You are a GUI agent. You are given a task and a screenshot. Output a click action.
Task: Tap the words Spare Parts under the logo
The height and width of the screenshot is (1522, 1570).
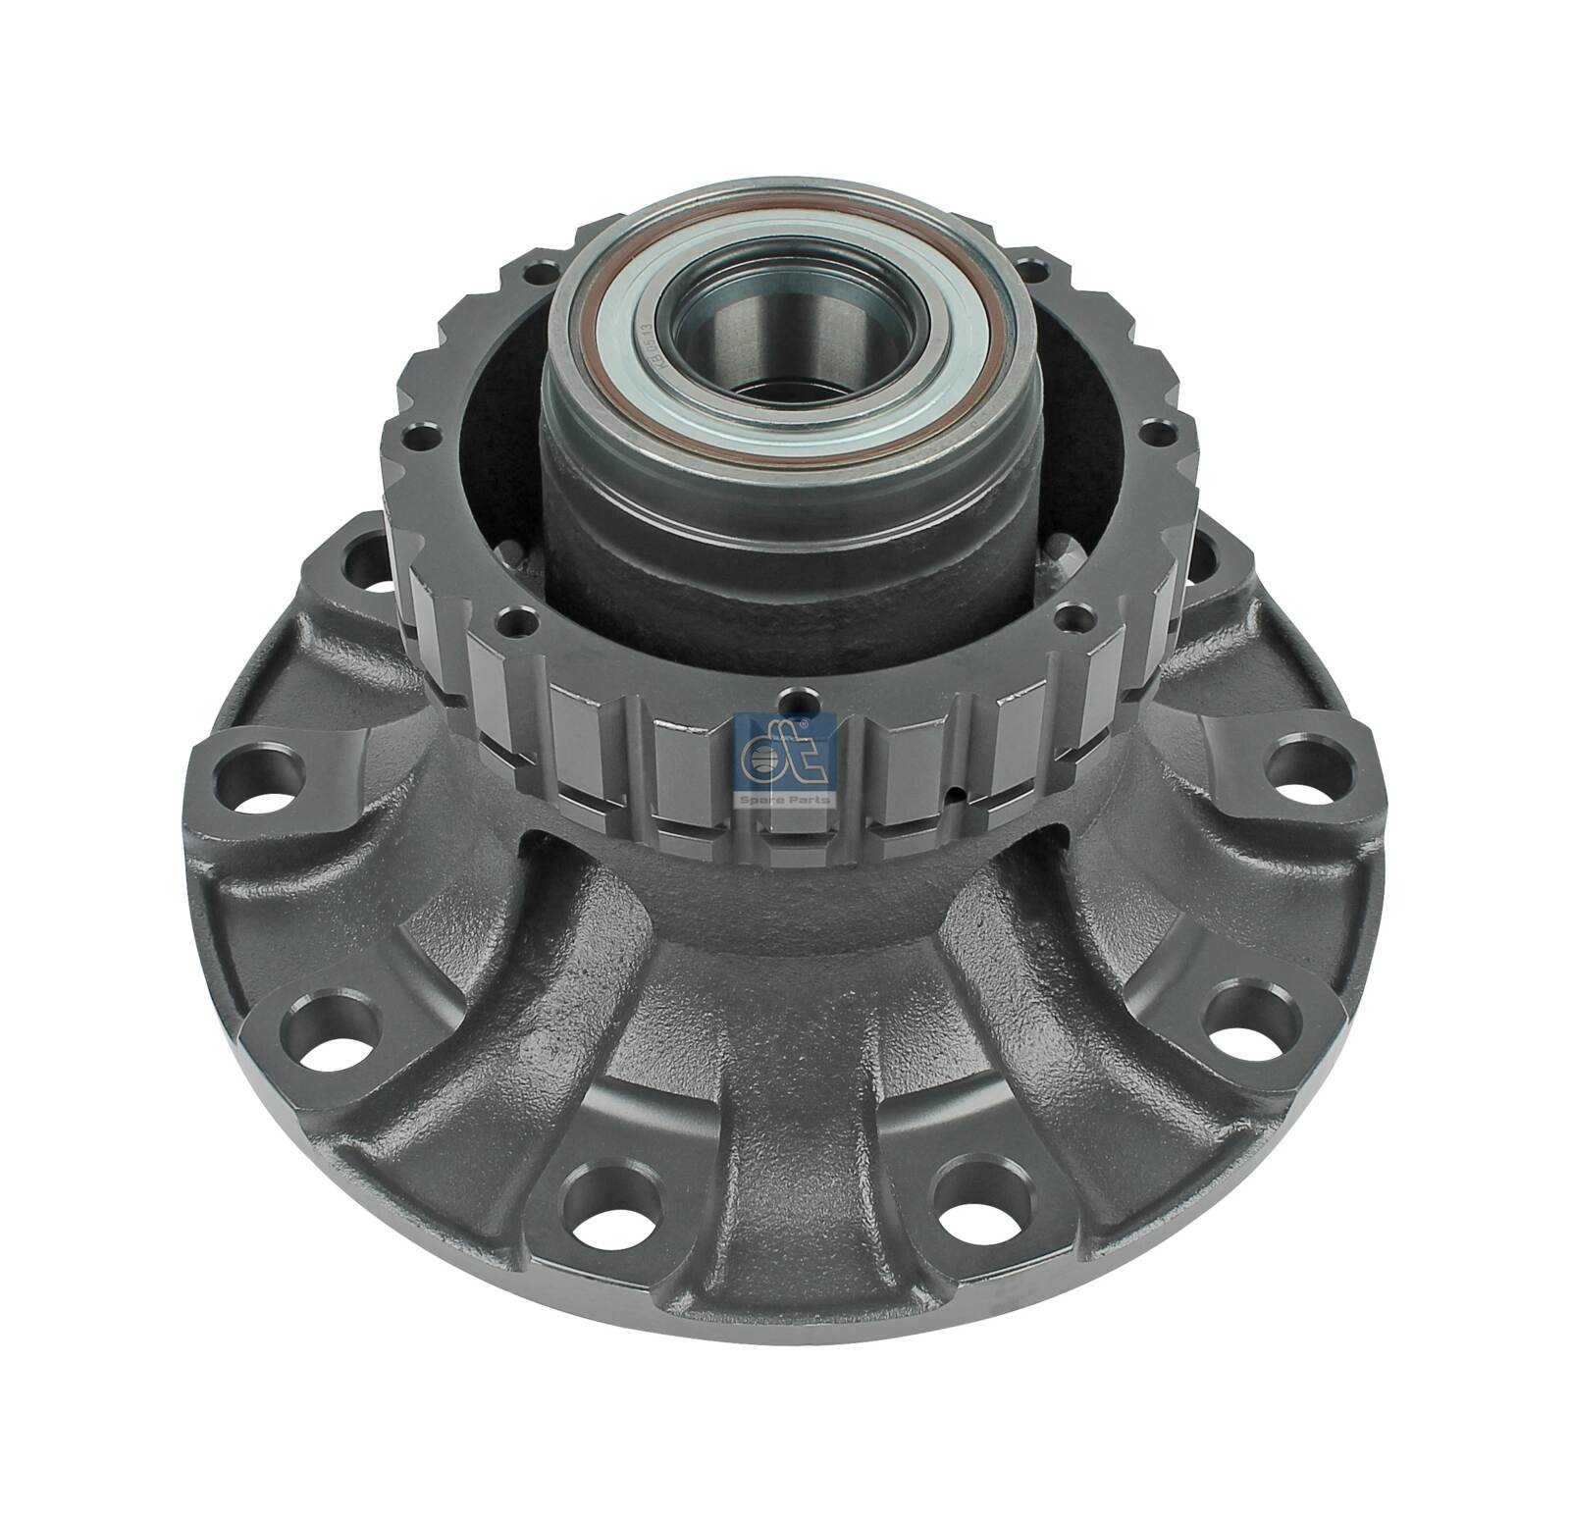[783, 800]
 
